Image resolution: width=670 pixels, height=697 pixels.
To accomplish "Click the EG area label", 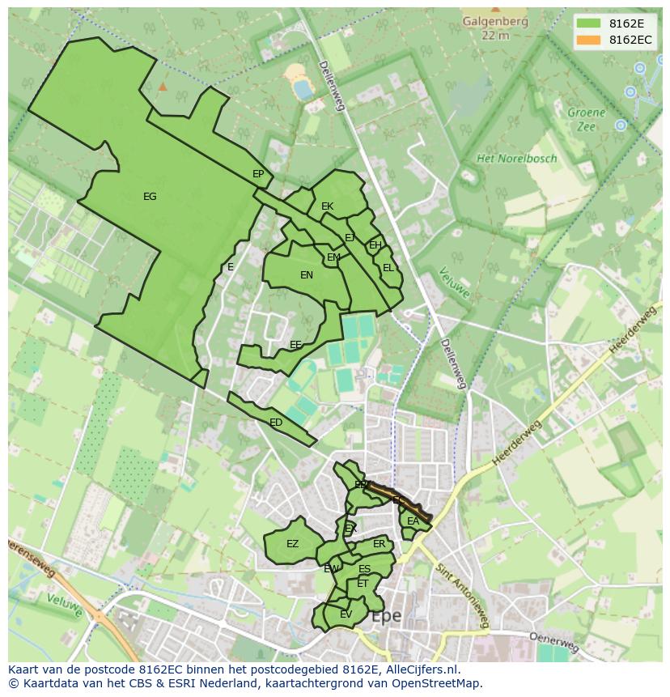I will pos(150,197).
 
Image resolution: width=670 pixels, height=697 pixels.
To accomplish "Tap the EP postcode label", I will pos(258,174).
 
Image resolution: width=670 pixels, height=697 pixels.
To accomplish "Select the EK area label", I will pos(327,206).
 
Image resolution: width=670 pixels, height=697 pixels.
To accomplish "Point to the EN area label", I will pos(307,275).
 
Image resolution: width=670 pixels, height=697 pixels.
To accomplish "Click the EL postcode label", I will pos(388,268).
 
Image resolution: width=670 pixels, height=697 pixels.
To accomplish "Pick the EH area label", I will pos(375,245).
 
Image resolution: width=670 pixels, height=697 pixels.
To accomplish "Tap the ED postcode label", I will pos(276,423).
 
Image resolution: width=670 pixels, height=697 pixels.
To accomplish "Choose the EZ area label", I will pos(292,544).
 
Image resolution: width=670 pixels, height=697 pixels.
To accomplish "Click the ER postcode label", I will pos(379,544).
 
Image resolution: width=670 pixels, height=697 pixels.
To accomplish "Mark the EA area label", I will pos(413,521).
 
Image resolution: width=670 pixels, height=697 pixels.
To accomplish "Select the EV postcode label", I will pos(346,614).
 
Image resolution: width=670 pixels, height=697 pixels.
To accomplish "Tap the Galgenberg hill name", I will pos(494,23).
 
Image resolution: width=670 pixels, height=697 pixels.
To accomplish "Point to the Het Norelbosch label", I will pos(516,159).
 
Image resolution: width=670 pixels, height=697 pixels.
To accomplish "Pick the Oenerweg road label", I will pos(554,642).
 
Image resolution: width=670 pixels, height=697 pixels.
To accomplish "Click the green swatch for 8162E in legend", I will pos(587,23).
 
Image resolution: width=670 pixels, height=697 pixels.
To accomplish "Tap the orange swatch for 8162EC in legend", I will pos(587,40).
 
